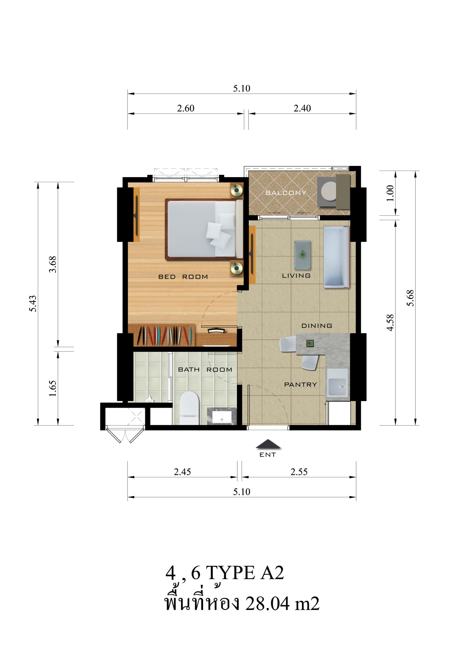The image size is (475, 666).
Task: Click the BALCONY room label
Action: point(286,193)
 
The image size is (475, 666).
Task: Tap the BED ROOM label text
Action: point(183,277)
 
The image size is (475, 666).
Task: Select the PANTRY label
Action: point(300,385)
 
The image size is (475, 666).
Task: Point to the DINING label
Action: point(317,326)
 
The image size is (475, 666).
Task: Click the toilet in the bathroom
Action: point(189,408)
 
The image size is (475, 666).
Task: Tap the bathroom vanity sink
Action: point(222,416)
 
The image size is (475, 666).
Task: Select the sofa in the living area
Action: point(336,257)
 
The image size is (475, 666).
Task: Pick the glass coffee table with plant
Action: point(302,255)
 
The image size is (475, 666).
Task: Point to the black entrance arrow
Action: point(268,444)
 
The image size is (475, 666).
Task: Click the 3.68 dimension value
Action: point(53,264)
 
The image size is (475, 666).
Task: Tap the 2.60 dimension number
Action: point(185,108)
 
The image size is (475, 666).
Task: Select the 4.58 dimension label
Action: point(390,323)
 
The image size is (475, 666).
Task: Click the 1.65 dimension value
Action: point(53,388)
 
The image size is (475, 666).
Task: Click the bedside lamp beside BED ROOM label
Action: point(237,268)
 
